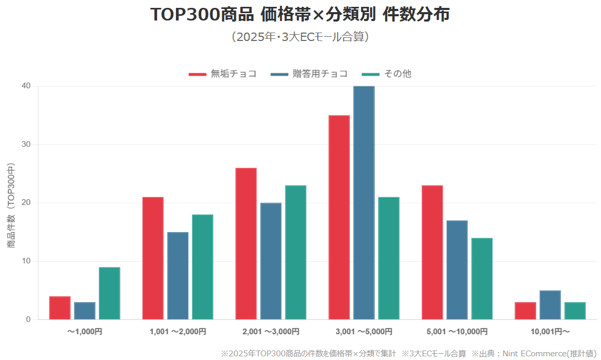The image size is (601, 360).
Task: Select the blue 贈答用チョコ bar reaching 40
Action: (364, 202)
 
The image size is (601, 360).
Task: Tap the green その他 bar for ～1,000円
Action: (109, 293)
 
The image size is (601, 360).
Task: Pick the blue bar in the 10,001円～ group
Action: (550, 305)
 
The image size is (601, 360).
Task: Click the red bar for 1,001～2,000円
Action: (153, 258)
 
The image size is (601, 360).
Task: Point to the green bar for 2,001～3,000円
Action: (295, 252)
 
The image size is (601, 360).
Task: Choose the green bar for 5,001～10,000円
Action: (482, 279)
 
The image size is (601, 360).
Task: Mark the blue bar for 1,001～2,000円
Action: (178, 276)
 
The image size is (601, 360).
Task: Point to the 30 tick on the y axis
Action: (26, 145)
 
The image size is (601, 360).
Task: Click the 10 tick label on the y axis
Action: (26, 261)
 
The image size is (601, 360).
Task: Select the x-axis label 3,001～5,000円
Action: (364, 332)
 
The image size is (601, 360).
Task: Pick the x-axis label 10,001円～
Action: (550, 332)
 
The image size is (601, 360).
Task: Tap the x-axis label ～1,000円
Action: (85, 332)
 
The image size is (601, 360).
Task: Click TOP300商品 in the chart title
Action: (202, 15)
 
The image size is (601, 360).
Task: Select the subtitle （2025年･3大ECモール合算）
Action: (300, 37)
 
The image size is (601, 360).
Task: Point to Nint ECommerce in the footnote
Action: (525, 354)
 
